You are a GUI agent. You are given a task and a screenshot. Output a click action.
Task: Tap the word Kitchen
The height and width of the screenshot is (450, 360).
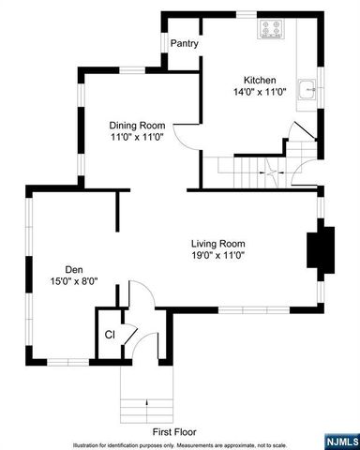click(x=261, y=80)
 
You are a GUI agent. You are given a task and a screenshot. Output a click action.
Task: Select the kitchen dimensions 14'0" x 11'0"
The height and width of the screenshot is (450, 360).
click(x=261, y=93)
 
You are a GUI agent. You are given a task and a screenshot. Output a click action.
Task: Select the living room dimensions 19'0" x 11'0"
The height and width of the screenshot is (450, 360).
click(x=218, y=254)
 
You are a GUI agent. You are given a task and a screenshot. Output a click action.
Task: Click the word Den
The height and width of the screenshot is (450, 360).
click(x=73, y=267)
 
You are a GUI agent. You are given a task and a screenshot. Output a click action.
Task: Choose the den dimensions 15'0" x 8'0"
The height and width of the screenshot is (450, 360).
click(x=73, y=280)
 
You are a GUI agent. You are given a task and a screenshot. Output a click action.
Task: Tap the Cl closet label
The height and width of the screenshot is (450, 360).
click(x=110, y=334)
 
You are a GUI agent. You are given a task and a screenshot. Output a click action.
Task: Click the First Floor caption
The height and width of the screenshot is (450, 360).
click(x=174, y=431)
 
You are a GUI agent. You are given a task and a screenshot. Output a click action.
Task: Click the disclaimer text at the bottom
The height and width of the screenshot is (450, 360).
click(x=178, y=443)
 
